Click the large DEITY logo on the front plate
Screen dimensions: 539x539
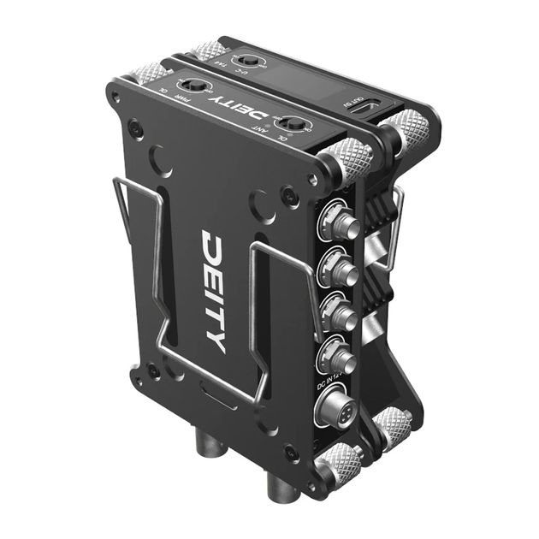[x=213, y=291]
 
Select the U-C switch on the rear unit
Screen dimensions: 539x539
[x=249, y=61]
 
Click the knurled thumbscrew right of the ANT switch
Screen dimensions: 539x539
[x=351, y=158]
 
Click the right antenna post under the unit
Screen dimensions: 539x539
[x=279, y=488]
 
